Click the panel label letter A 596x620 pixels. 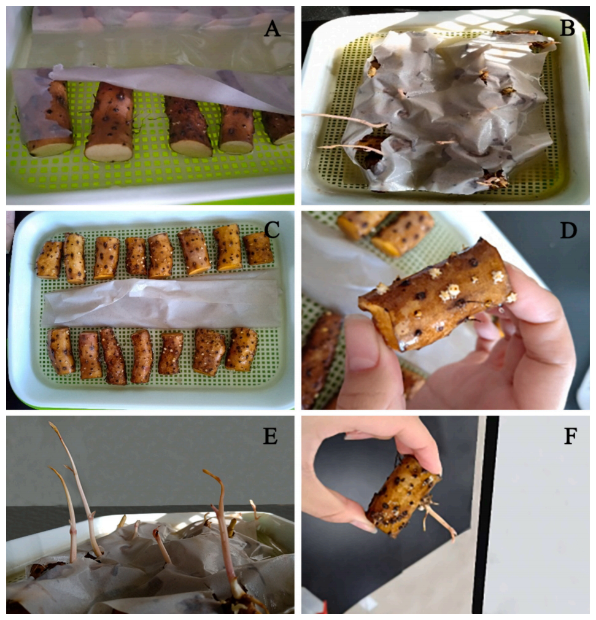271,28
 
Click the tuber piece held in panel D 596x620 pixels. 436,295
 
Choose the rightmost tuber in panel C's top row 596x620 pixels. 258,249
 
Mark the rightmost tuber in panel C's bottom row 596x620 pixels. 242,349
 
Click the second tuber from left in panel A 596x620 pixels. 109,123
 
